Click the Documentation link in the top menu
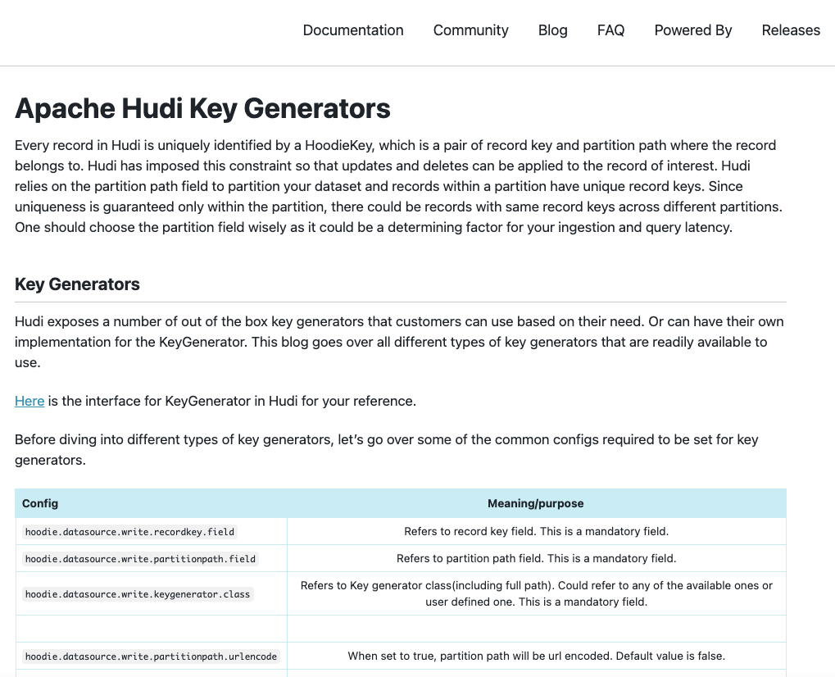click(x=353, y=30)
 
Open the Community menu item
click(x=470, y=30)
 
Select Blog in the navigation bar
click(x=552, y=30)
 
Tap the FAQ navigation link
click(x=610, y=30)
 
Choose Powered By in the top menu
click(x=692, y=30)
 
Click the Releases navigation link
click(x=790, y=30)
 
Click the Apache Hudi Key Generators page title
click(x=202, y=108)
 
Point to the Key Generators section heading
click(x=77, y=284)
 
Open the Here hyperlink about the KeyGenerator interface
click(x=29, y=401)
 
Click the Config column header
click(x=40, y=503)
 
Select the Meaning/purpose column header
click(x=535, y=503)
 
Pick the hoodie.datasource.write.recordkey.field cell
click(x=129, y=532)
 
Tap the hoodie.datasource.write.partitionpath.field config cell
click(x=140, y=559)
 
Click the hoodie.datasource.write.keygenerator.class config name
click(x=138, y=593)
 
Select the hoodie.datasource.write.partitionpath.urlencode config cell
click(x=152, y=657)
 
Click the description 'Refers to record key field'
click(x=536, y=531)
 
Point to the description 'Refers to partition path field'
click(x=536, y=558)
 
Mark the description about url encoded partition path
click(x=536, y=656)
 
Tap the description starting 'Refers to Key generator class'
click(x=536, y=593)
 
